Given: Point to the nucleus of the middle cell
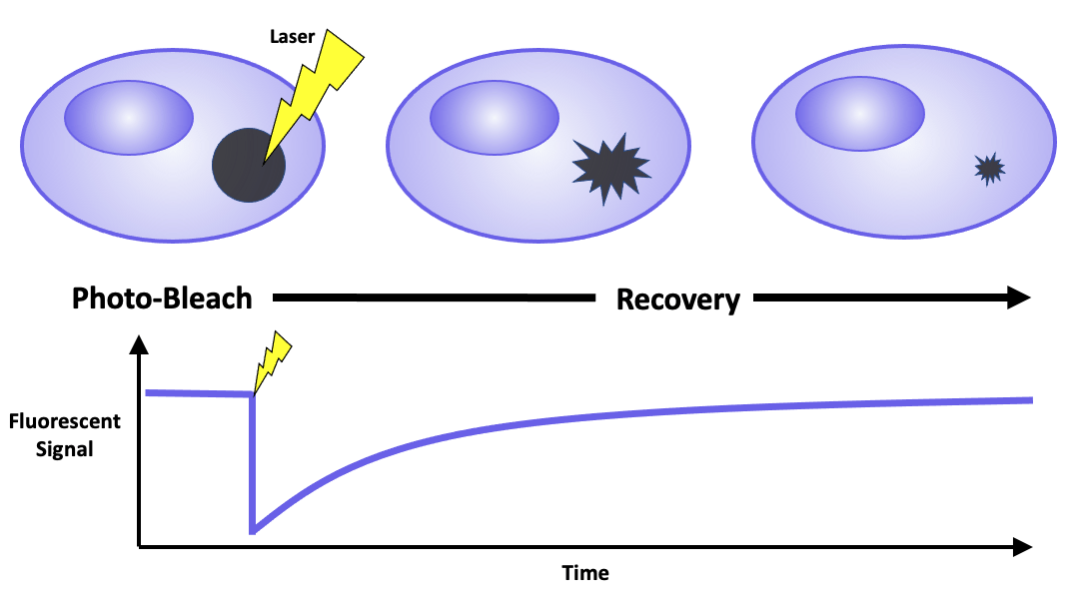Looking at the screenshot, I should pyautogui.click(x=494, y=117).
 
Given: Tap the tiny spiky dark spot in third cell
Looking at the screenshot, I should pyautogui.click(x=989, y=169).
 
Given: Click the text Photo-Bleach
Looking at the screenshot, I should pyautogui.click(x=162, y=299).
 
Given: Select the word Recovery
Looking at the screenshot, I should pyautogui.click(x=678, y=299).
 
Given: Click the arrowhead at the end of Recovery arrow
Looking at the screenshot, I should pyautogui.click(x=1018, y=297).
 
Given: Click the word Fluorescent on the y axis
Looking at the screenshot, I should pyautogui.click(x=65, y=421).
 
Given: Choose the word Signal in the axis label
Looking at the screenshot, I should pyautogui.click(x=65, y=449).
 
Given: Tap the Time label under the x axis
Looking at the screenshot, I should pyautogui.click(x=584, y=573).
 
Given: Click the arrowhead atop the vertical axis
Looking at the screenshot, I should pyautogui.click(x=140, y=346).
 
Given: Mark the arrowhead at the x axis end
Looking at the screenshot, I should pyautogui.click(x=1020, y=546).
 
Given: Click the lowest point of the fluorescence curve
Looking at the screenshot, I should pyautogui.click(x=254, y=529).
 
